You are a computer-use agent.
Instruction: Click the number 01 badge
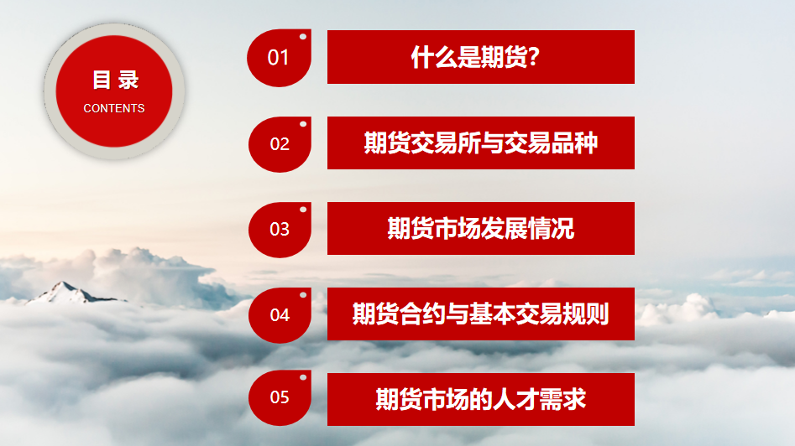pos(279,58)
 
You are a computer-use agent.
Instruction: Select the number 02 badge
pos(280,144)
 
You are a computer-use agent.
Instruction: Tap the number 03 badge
pos(280,230)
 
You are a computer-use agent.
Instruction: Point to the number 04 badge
pos(280,315)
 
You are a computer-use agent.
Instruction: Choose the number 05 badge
pos(280,398)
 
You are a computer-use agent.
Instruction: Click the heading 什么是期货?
pos(475,57)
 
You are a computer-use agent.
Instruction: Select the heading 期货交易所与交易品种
pos(481,143)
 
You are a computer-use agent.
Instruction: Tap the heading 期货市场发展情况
pos(481,228)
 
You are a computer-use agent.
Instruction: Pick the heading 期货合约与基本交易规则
pos(481,314)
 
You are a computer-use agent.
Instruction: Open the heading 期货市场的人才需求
pos(481,399)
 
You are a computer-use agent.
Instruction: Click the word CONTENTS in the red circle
pos(114,108)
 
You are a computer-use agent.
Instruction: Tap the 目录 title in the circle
pos(116,80)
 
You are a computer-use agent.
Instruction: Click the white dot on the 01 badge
pos(303,36)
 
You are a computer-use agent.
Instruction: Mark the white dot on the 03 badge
pos(303,209)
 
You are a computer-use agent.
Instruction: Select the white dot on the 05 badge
pos(303,377)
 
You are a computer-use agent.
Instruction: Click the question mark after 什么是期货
pos(533,57)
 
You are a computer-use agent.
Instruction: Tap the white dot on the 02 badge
pos(303,123)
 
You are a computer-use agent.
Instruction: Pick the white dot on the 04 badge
pos(303,294)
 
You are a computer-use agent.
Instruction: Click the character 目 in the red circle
pos(102,80)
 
